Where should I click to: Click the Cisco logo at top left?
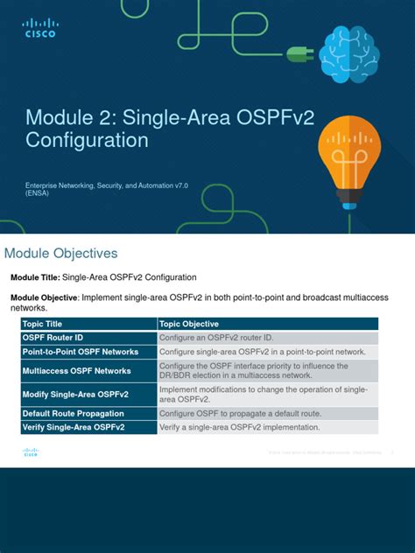(x=39, y=28)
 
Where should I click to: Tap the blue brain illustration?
(x=348, y=53)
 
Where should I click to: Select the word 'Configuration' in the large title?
(x=87, y=140)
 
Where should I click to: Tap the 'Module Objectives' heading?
(x=61, y=254)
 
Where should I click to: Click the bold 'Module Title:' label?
(x=35, y=277)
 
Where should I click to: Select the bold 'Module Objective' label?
(x=45, y=297)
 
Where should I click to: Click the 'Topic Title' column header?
(x=43, y=324)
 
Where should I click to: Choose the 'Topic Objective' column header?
(x=189, y=324)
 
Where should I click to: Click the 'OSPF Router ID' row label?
(x=54, y=338)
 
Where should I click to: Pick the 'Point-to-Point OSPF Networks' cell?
(x=81, y=352)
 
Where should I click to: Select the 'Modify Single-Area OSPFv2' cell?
(x=74, y=395)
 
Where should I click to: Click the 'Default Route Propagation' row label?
(x=73, y=413)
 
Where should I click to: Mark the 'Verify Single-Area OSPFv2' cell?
(x=74, y=427)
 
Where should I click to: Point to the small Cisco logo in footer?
(x=32, y=451)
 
